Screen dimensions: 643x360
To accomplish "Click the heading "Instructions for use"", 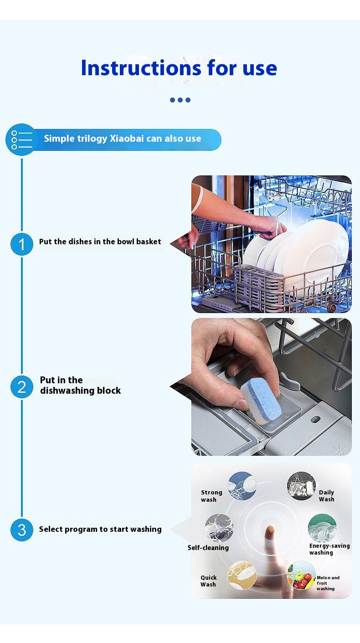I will [x=179, y=68].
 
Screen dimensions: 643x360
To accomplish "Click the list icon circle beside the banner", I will [x=21, y=139].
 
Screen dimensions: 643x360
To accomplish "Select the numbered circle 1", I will [x=22, y=244].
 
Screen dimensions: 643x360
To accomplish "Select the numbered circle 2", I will [x=22, y=387].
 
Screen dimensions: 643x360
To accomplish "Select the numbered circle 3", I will [x=22, y=530].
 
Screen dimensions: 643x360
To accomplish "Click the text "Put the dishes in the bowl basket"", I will [x=100, y=242].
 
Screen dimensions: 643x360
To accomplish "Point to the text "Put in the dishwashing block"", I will [x=80, y=385].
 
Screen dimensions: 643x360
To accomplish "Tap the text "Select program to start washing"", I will [x=100, y=529].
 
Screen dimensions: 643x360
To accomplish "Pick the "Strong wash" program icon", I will [x=242, y=486].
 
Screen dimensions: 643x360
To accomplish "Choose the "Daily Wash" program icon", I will [x=301, y=486].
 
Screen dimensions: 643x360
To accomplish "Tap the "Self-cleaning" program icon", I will [x=219, y=528].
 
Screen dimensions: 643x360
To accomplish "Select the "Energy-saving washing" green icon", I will [x=322, y=528].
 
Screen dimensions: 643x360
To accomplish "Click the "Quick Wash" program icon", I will [x=242, y=575].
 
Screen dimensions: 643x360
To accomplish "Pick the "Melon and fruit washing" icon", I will [x=301, y=575].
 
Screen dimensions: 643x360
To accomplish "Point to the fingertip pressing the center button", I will [x=270, y=530].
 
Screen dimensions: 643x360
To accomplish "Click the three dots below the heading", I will [x=180, y=100].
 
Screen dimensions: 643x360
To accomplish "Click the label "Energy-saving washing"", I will [x=329, y=549].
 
